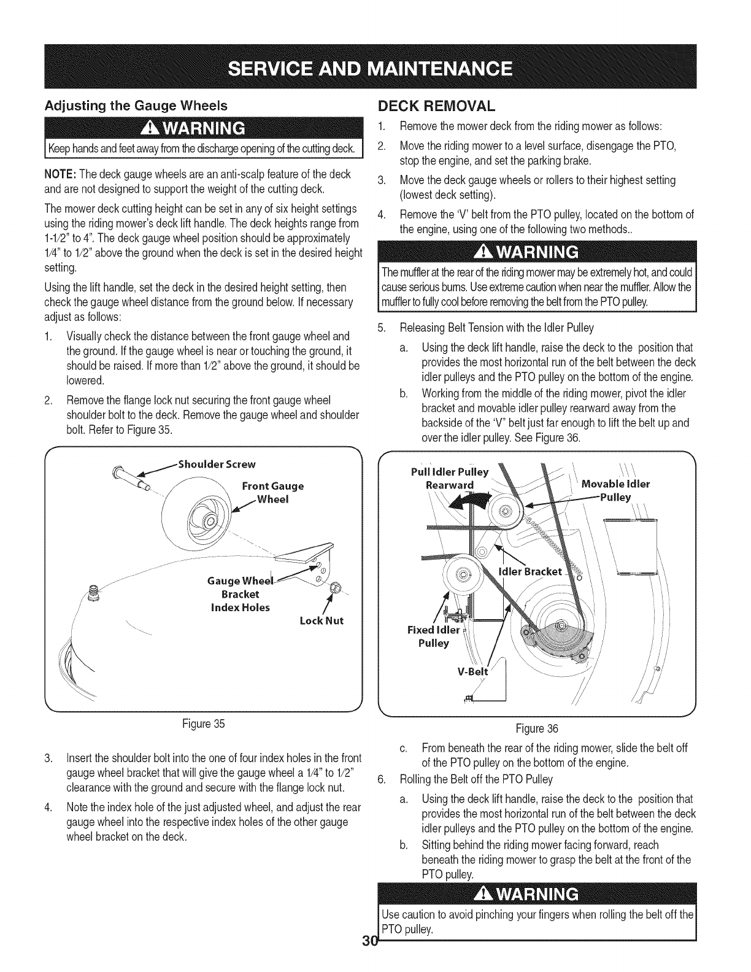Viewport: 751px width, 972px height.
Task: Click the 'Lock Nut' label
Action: (x=322, y=620)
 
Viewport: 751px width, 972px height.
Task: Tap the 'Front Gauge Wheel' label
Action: (x=273, y=492)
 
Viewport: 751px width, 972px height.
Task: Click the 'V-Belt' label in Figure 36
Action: (x=472, y=671)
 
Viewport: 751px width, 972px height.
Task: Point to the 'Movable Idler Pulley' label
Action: (x=615, y=490)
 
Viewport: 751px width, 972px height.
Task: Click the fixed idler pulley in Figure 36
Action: (x=464, y=575)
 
